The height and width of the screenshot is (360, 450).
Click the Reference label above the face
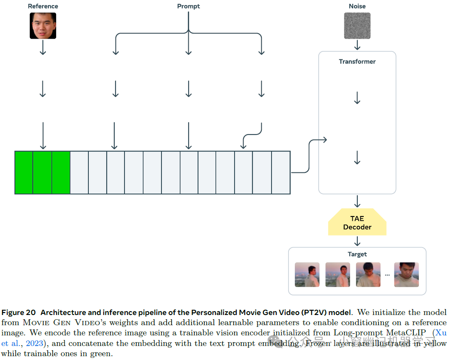click(42, 6)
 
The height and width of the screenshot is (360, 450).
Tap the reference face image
click(42, 26)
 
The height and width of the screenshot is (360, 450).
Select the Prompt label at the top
click(188, 6)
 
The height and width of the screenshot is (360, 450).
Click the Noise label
click(357, 6)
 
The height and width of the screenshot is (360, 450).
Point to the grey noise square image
click(357, 26)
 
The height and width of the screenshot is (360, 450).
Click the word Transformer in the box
click(357, 62)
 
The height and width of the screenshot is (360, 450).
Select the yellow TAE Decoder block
click(357, 223)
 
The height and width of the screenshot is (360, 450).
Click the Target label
click(357, 254)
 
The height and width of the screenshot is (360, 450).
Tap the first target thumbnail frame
click(307, 275)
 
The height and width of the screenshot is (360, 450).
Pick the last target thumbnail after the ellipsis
click(406, 275)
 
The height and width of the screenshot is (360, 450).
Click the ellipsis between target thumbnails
click(387, 275)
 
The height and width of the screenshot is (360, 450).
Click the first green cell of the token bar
click(24, 172)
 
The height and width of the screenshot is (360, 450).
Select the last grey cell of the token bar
click(281, 172)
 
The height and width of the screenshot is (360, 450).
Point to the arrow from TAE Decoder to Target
click(357, 241)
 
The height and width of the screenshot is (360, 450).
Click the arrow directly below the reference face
click(42, 49)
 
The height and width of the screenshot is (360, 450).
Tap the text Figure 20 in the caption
click(19, 312)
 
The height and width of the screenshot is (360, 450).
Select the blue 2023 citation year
click(34, 343)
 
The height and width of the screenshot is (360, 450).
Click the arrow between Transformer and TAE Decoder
click(357, 201)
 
